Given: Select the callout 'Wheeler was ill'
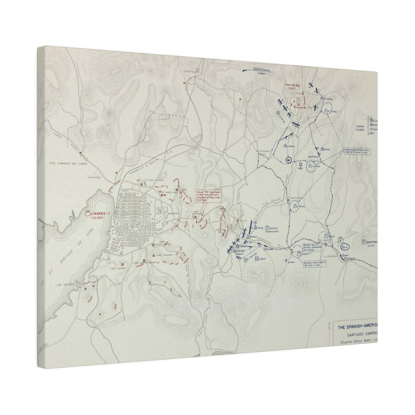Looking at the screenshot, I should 312,248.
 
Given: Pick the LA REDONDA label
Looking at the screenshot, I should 329,256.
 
